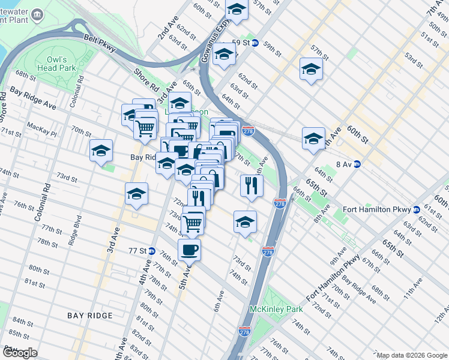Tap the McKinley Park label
[267, 310]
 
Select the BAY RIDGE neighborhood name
[90, 316]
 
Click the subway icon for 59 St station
[255, 43]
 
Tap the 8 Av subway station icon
[357, 164]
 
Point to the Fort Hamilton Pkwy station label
[376, 209]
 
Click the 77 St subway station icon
[152, 251]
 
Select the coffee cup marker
[189, 249]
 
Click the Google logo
[19, 353]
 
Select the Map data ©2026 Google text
[411, 355]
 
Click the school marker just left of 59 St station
[224, 55]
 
